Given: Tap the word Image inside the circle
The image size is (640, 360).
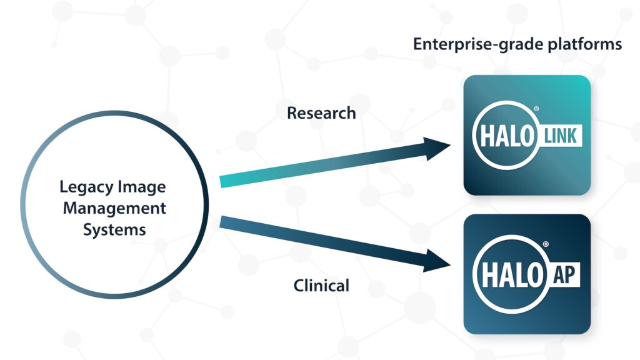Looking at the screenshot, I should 141,187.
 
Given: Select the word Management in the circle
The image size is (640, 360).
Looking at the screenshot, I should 114,207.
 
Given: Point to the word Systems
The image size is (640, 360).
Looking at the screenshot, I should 114,229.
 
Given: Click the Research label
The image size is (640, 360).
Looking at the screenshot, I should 321,113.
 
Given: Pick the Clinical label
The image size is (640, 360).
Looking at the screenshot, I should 321,286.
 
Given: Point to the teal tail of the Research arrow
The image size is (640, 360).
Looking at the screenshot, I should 234,181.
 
